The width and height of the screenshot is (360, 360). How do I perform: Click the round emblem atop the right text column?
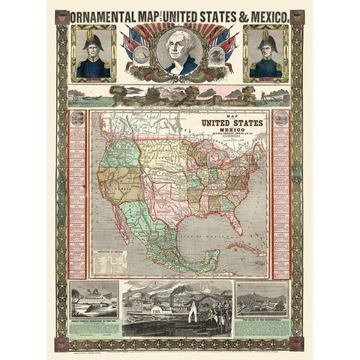[281, 118]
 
